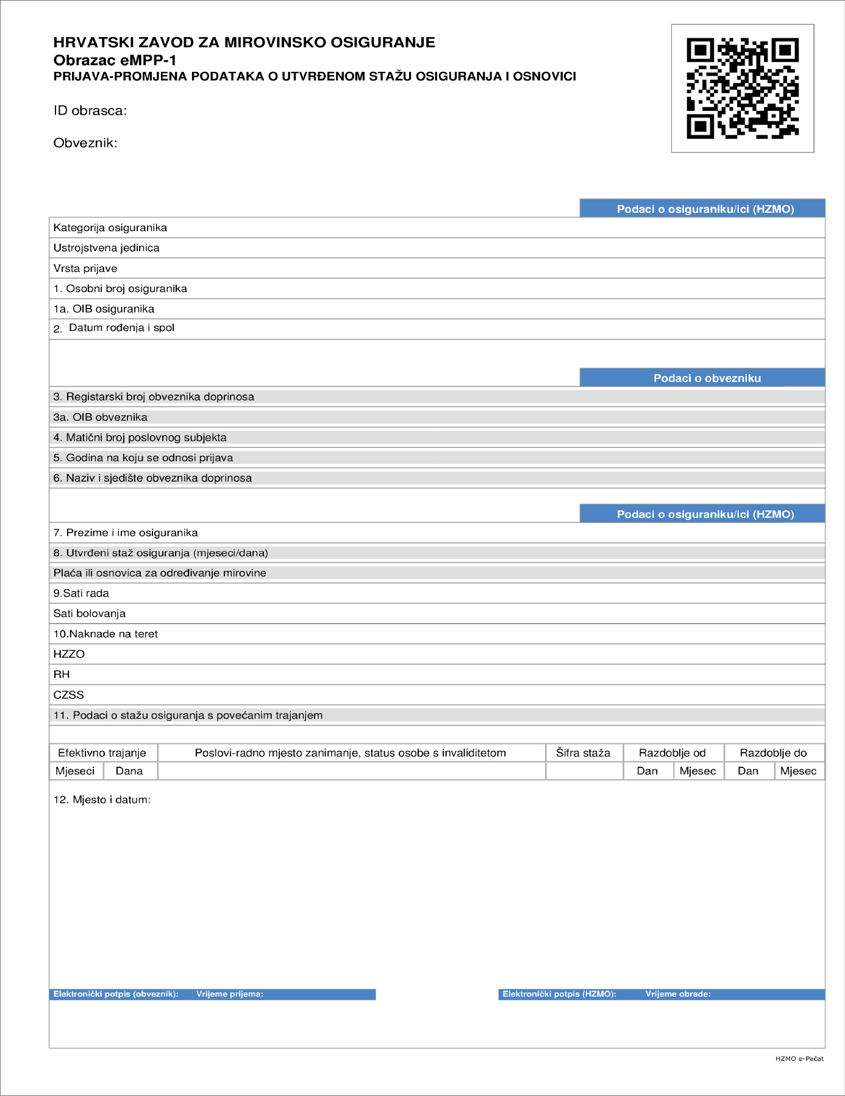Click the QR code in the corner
(742, 88)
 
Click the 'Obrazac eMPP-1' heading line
(115, 60)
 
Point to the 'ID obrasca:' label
(90, 111)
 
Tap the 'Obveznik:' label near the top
(85, 143)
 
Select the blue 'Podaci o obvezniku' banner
(702, 378)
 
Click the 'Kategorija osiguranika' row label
(110, 228)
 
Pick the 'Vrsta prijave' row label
(85, 269)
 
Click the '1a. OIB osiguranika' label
(104, 309)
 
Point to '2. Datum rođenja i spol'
(114, 328)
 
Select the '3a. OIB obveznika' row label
(100, 418)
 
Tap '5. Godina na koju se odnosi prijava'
(143, 458)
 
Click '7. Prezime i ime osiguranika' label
(125, 533)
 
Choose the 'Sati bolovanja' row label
(89, 614)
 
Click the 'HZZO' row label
(69, 654)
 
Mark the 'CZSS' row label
(68, 695)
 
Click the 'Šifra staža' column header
(583, 753)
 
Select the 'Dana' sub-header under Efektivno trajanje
(129, 771)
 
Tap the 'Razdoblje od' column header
(672, 753)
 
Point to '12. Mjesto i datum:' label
(102, 800)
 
